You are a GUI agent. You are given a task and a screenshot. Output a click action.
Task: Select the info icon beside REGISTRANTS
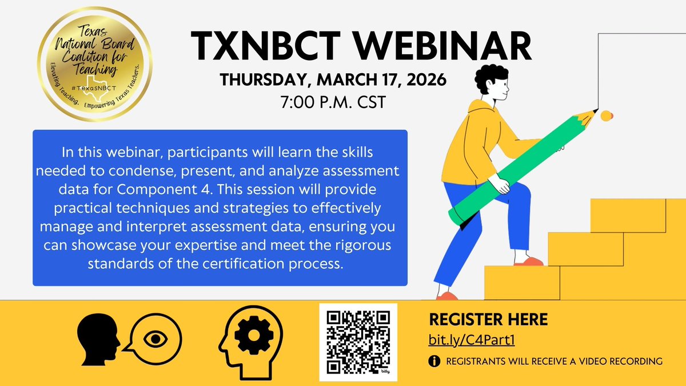click(436, 361)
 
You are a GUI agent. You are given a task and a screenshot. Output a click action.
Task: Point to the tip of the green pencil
click(595, 111)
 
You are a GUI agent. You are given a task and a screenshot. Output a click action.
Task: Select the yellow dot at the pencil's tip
click(607, 116)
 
